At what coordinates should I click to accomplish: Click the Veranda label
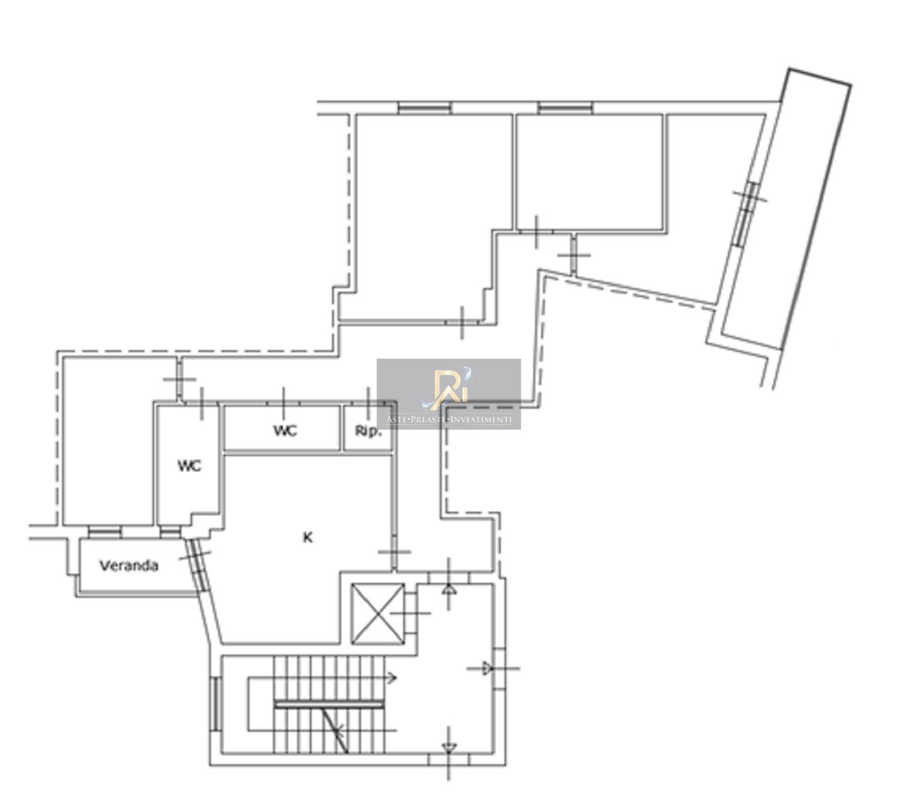click(128, 566)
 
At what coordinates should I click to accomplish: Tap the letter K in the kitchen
click(307, 538)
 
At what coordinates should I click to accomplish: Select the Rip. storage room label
click(368, 431)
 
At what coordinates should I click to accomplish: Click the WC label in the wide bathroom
click(285, 430)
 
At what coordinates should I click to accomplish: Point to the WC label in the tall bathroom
click(190, 466)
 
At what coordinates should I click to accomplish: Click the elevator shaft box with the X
click(377, 614)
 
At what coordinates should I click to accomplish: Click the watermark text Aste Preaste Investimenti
click(448, 420)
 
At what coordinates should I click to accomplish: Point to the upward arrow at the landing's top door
click(449, 589)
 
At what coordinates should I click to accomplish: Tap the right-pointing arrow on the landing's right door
click(486, 668)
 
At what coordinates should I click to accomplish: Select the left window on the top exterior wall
click(424, 107)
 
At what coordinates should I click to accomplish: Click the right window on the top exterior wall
click(565, 107)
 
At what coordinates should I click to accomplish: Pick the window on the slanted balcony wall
click(747, 214)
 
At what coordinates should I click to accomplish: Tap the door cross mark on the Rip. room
click(369, 404)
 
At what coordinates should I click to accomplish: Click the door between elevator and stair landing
click(411, 613)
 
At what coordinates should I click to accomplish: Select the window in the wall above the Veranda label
click(104, 532)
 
